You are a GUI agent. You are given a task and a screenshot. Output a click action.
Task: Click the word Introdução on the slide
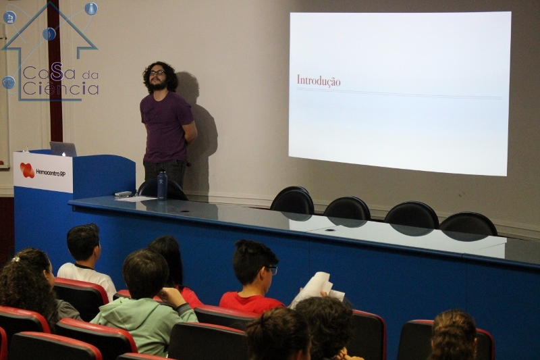[x=319, y=81]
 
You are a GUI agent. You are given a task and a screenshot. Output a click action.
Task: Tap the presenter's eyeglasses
[x=157, y=73]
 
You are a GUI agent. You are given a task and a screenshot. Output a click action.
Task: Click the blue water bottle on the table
[x=162, y=184]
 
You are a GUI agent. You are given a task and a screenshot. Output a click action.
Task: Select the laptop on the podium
[x=63, y=149]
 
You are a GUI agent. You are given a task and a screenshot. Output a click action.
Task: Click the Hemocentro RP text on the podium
[x=51, y=172]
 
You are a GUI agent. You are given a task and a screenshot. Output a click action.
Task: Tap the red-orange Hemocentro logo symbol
[x=27, y=170]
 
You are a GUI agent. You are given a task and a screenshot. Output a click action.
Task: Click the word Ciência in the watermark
[x=61, y=88]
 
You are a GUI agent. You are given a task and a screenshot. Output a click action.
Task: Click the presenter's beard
[x=158, y=84]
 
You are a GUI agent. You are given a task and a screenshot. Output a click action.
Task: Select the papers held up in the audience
[x=317, y=289]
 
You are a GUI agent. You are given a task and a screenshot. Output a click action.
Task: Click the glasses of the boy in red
[x=271, y=270]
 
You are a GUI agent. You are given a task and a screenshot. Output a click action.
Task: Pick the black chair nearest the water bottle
[x=163, y=190]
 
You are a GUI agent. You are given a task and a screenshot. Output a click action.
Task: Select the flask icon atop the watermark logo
[x=91, y=8]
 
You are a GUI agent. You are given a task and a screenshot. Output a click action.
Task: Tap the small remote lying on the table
[x=124, y=194]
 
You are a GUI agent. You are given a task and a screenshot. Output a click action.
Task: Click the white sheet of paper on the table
[x=136, y=199]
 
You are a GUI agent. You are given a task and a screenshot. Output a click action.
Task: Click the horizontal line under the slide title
[x=399, y=93]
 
